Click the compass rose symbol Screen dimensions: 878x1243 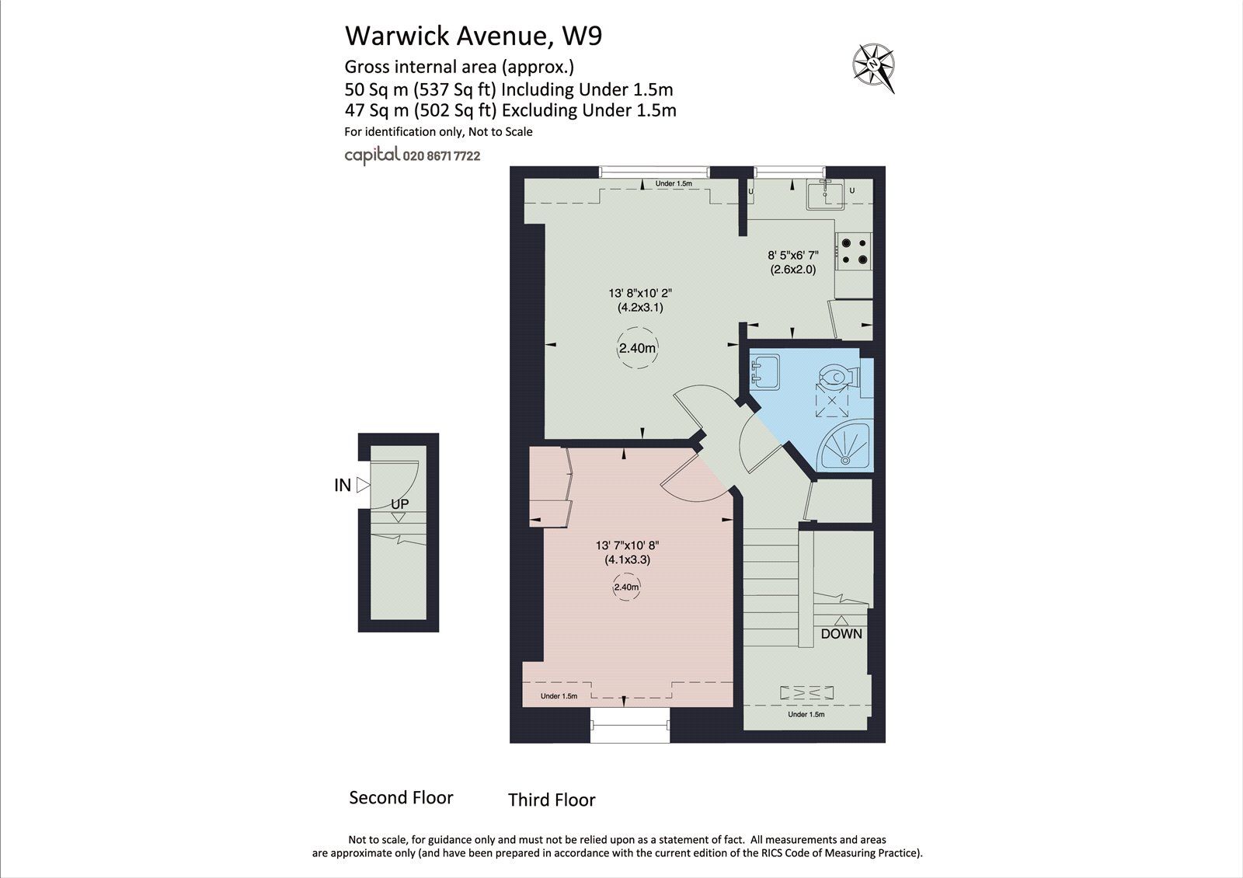[873, 65]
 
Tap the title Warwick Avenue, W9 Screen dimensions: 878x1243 [473, 35]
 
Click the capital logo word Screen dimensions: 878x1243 [372, 155]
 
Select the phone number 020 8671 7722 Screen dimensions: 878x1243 [441, 155]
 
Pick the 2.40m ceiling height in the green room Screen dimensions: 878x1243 [637, 349]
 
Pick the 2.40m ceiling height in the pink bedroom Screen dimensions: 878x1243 [626, 587]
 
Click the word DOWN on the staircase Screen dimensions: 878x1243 [841, 633]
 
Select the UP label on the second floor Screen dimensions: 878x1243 [399, 504]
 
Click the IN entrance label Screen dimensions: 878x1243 [343, 485]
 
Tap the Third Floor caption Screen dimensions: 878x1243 [552, 800]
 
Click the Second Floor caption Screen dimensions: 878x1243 [401, 797]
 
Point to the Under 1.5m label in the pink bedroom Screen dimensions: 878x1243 [559, 696]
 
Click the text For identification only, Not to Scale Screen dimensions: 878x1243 [438, 131]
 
